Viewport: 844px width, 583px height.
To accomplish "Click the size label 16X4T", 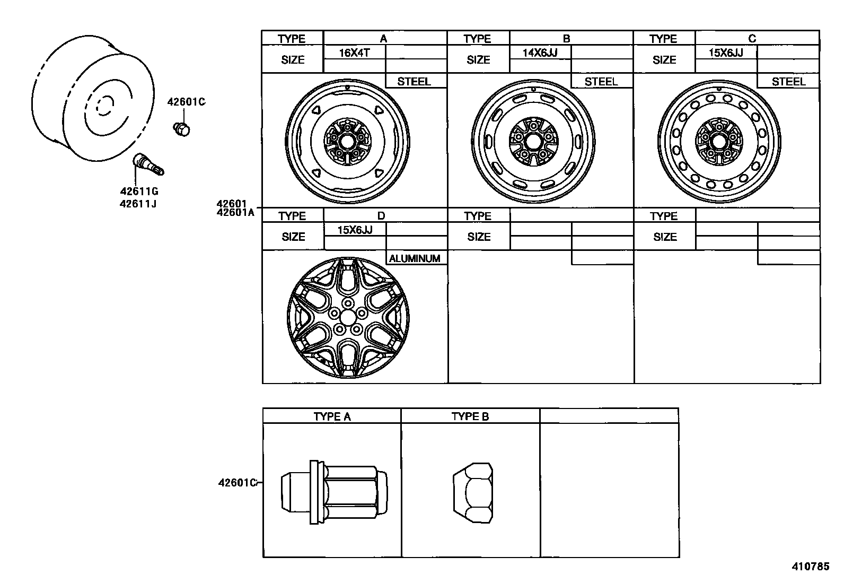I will tap(354, 53).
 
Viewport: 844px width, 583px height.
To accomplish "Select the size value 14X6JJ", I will tap(540, 53).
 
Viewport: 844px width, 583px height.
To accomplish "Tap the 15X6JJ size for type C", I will tap(726, 53).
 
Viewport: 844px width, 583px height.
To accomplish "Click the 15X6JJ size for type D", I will tap(355, 230).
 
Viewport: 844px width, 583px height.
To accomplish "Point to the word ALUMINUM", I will tap(415, 258).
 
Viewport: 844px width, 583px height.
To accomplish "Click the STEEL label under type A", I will tap(414, 82).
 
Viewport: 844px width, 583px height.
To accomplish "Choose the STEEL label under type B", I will tap(601, 82).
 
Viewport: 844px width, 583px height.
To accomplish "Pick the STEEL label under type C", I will tap(788, 82).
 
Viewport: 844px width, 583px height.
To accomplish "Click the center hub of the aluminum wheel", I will tap(348, 317).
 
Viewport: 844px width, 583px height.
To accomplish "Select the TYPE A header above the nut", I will tap(332, 416).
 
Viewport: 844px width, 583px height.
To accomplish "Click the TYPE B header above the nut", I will tap(470, 416).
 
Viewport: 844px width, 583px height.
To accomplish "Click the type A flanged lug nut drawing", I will tap(333, 492).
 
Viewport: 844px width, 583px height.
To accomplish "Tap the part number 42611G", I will tap(139, 192).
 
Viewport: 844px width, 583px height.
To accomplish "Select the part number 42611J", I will tap(138, 203).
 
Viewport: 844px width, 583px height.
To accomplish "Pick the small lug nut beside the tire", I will tap(181, 128).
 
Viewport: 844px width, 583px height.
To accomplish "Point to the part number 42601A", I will tap(235, 213).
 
